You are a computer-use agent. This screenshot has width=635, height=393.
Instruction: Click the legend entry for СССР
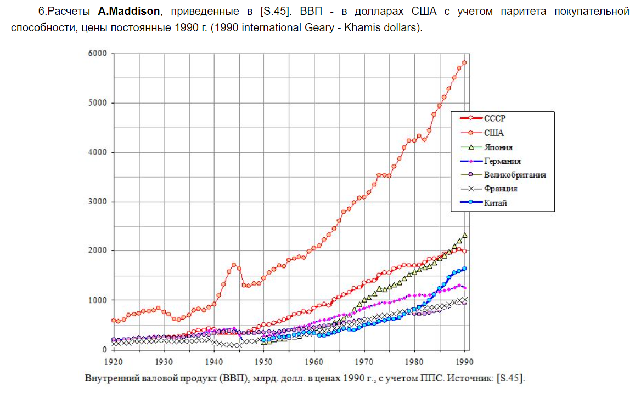(x=494, y=118)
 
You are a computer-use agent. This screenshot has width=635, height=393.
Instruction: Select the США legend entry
(x=494, y=133)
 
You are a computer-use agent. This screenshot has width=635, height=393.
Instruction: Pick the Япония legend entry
(x=498, y=147)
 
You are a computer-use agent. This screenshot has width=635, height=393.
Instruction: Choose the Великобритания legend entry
(x=515, y=175)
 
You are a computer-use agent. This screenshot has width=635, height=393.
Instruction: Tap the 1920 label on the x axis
(x=113, y=362)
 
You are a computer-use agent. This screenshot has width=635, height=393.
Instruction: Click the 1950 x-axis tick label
(x=264, y=362)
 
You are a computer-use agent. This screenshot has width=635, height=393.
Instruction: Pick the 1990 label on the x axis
(x=465, y=362)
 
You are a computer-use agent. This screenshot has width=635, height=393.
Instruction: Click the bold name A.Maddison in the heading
(x=130, y=12)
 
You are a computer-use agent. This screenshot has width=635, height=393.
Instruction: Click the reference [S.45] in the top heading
(x=275, y=12)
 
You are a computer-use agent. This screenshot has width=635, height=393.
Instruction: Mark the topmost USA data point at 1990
(x=464, y=62)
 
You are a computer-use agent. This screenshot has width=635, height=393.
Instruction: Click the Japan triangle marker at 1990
(x=464, y=235)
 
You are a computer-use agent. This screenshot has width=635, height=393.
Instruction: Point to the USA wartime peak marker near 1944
(x=234, y=265)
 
